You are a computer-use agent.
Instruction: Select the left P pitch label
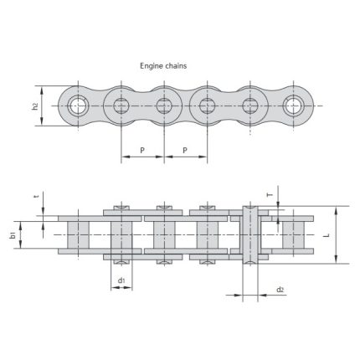coord(142,151)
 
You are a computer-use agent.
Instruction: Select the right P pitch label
coord(185,151)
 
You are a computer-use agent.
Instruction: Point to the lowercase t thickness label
coord(35,198)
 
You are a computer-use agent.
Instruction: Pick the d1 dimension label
coord(121,280)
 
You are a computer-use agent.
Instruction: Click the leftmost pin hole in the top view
coord(79,105)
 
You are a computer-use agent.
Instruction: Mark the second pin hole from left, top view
coord(121,105)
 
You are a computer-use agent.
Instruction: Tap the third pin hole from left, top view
coord(164,105)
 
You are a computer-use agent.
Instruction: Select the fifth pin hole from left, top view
coord(249,105)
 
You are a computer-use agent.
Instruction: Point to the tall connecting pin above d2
coord(249,234)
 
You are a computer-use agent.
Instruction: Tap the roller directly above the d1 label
coord(121,234)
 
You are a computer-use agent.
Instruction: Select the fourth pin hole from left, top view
coord(207,105)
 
